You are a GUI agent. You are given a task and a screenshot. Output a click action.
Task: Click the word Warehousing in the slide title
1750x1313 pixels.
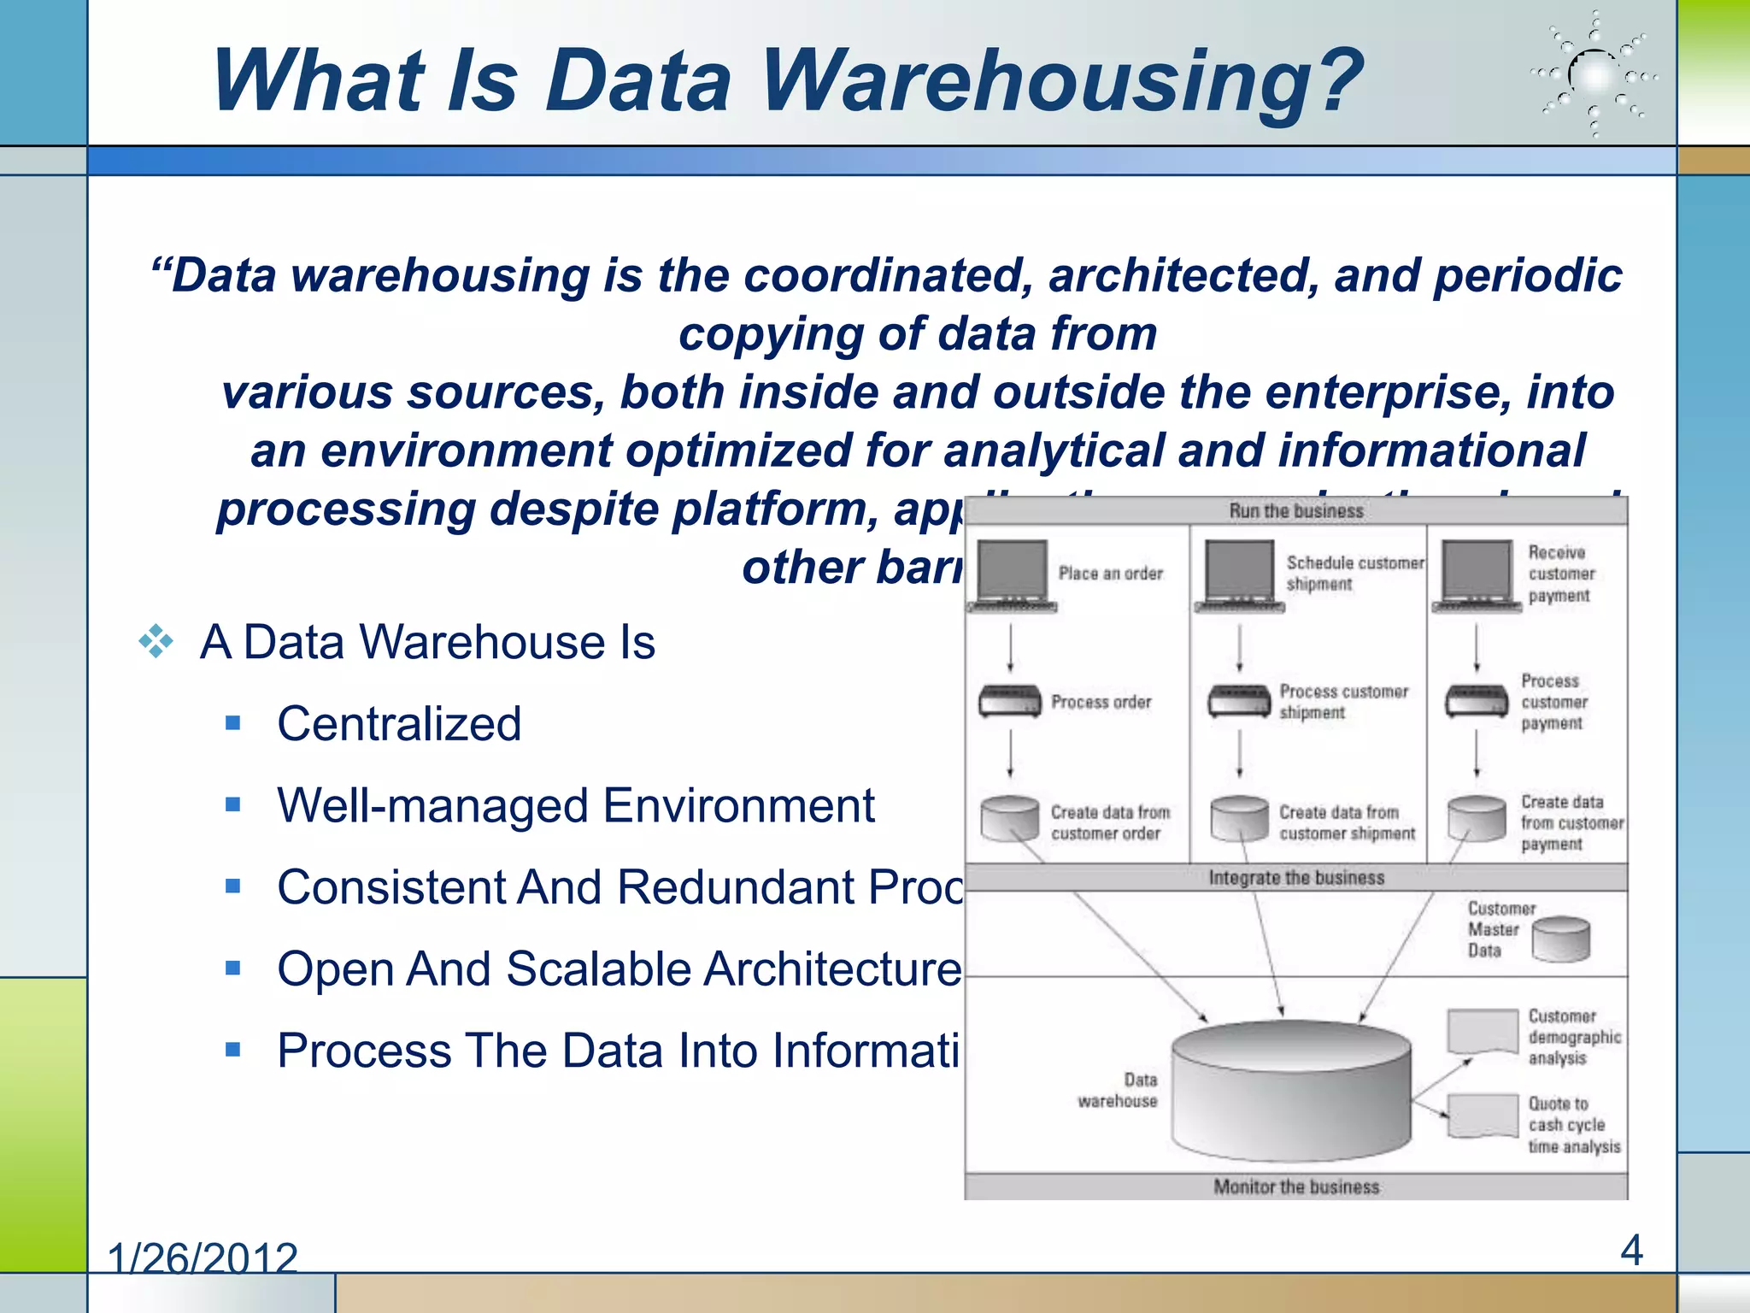pyautogui.click(x=1061, y=80)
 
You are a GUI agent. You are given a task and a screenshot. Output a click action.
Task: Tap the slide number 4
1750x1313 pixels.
pyautogui.click(x=1630, y=1251)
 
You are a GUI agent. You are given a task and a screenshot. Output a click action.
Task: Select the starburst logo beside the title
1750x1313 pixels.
pyautogui.click(x=1594, y=75)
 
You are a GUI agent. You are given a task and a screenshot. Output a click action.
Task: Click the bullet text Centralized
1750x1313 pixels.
pyautogui.click(x=399, y=724)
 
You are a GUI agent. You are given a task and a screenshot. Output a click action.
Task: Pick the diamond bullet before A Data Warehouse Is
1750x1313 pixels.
pyautogui.click(x=156, y=641)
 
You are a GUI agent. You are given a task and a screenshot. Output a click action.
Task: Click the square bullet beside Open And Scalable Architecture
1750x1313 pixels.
pyautogui.click(x=233, y=969)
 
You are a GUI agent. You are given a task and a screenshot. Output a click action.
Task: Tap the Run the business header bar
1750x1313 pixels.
pyautogui.click(x=1295, y=511)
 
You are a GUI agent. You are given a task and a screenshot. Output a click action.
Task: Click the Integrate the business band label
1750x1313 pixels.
pyautogui.click(x=1295, y=878)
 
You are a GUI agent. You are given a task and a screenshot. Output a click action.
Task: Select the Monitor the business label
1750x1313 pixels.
pyautogui.click(x=1295, y=1186)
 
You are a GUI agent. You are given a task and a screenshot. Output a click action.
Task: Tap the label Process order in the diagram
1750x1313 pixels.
pyautogui.click(x=1101, y=702)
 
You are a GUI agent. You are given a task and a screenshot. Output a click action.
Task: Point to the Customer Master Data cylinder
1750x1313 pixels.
pyautogui.click(x=1560, y=939)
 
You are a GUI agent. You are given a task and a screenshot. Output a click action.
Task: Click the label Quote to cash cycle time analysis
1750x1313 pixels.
pyautogui.click(x=1573, y=1125)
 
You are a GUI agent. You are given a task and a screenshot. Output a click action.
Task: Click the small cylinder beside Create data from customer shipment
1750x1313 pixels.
pyautogui.click(x=1238, y=819)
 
